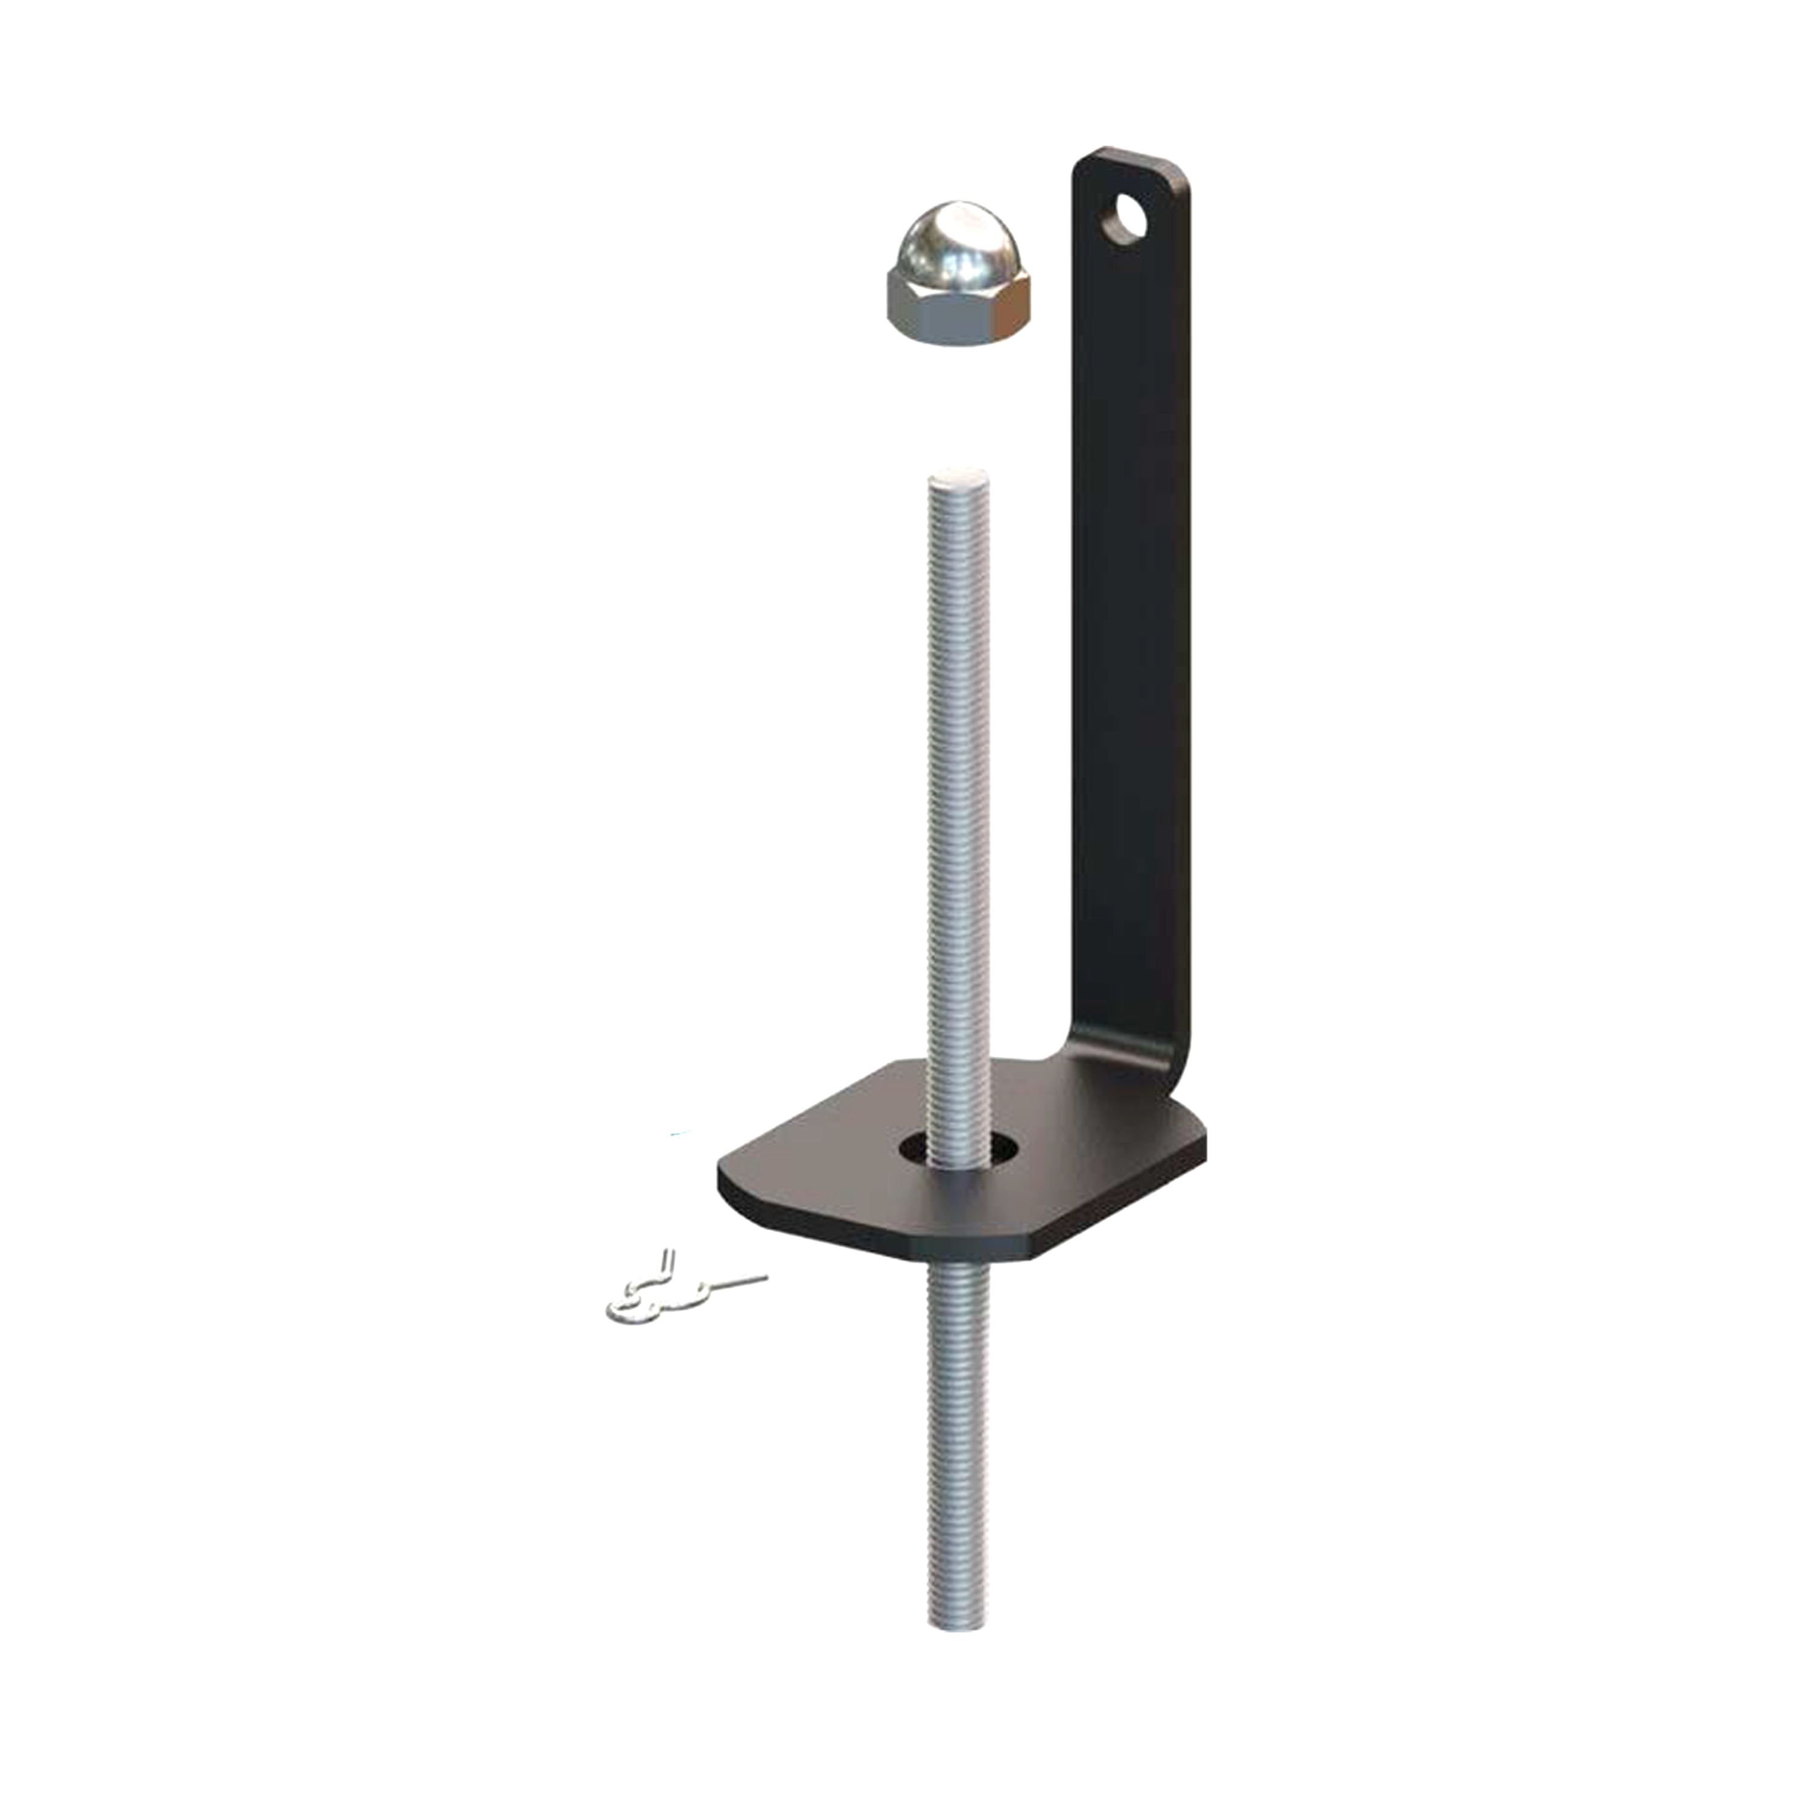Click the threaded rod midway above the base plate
957,796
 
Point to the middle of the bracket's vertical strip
1134,609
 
